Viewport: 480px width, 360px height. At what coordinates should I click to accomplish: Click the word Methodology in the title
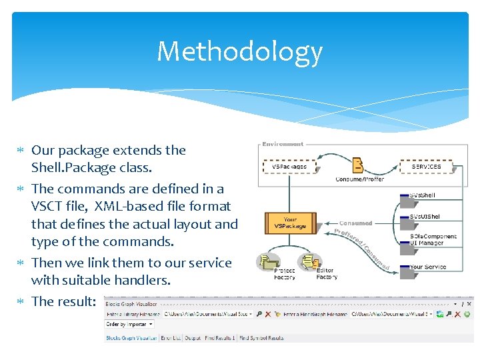click(x=240, y=52)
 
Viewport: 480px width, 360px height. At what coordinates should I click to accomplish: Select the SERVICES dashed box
click(x=426, y=166)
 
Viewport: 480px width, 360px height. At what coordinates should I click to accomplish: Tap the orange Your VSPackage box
click(x=290, y=223)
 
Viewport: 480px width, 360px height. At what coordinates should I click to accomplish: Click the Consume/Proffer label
click(x=359, y=179)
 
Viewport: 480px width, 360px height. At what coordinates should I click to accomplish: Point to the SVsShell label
click(x=422, y=195)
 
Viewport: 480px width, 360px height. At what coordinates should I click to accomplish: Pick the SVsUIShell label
click(x=425, y=217)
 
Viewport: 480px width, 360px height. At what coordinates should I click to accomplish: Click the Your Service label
click(x=427, y=267)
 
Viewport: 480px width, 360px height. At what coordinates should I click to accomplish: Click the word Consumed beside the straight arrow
click(x=355, y=223)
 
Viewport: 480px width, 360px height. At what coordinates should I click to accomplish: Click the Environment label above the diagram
click(x=283, y=144)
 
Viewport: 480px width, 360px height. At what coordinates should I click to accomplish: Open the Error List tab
click(x=171, y=338)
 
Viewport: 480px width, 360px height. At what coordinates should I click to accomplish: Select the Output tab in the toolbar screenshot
click(x=193, y=338)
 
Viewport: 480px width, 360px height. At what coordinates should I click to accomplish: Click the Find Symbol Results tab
click(x=261, y=338)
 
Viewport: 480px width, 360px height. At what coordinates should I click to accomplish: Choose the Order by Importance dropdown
click(x=129, y=324)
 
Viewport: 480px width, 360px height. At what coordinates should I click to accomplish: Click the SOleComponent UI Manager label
click(x=433, y=239)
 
